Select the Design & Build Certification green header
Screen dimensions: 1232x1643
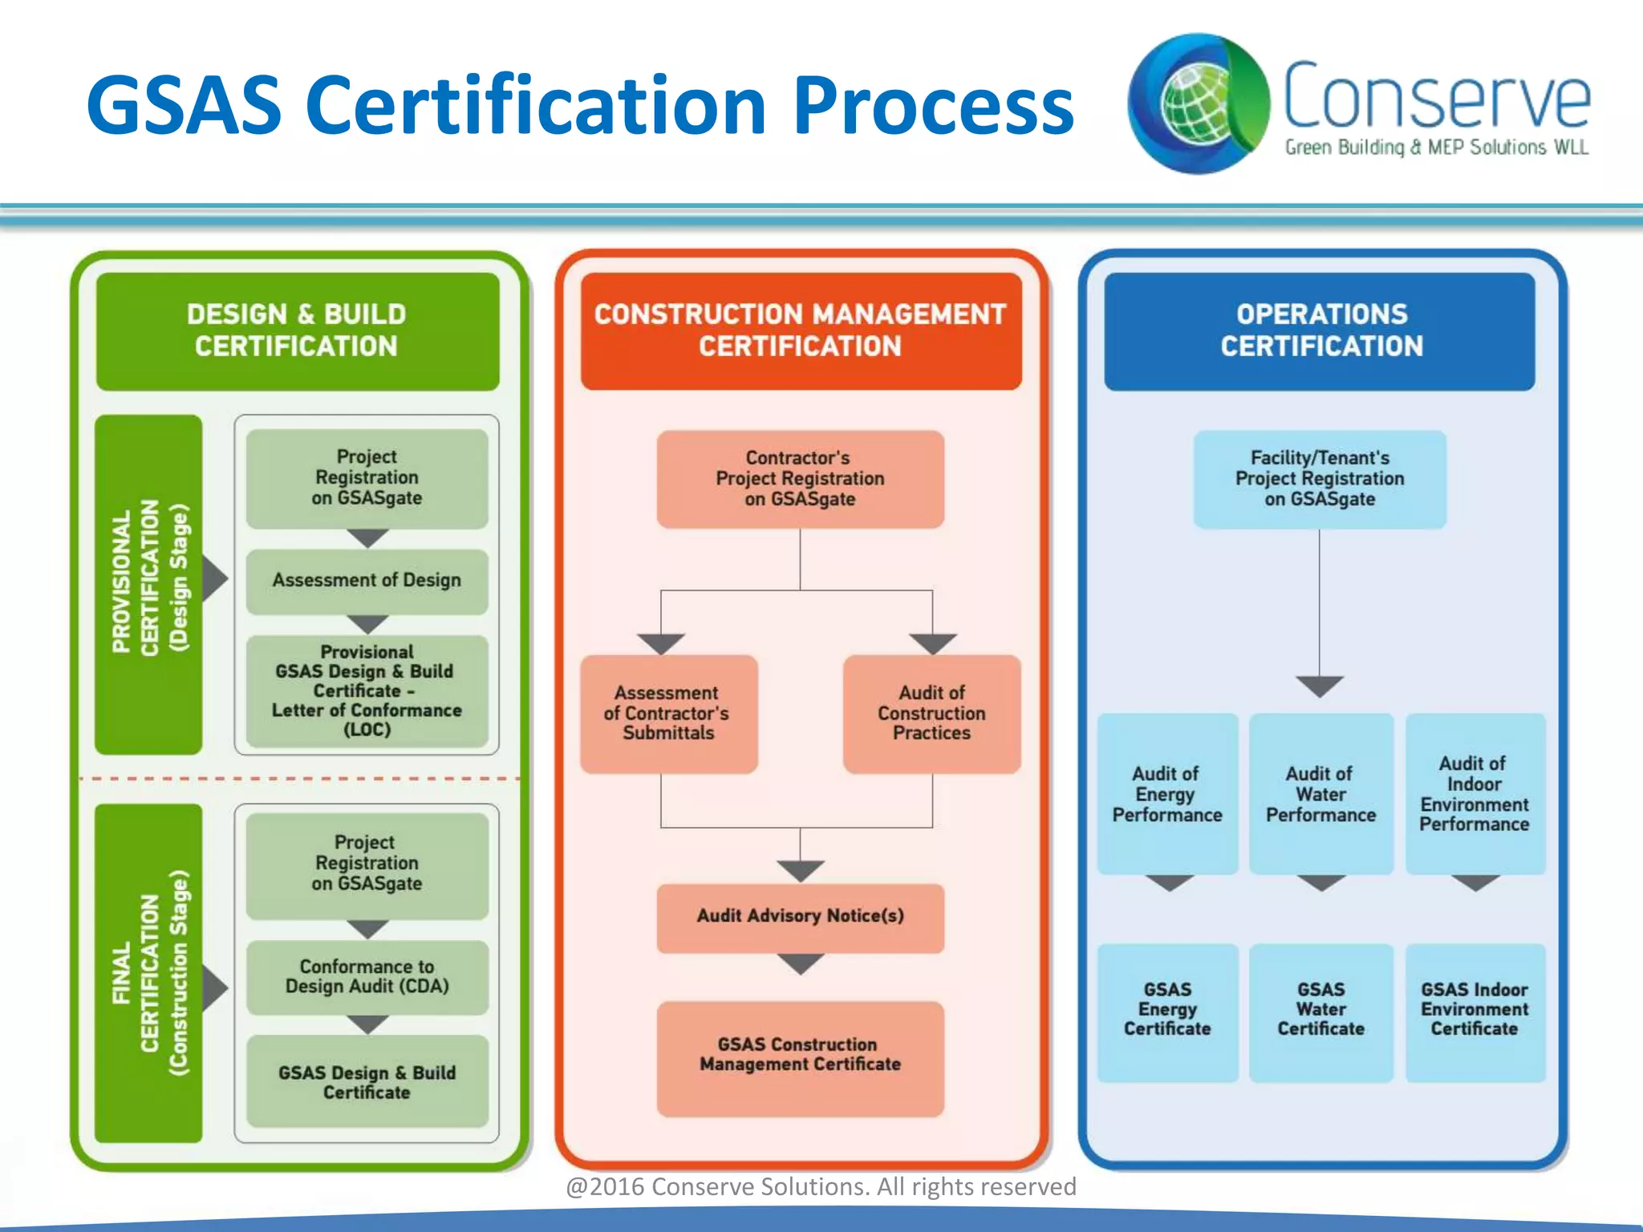pos(297,330)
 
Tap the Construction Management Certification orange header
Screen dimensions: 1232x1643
pos(800,330)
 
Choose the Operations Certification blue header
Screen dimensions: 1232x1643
pos(1320,330)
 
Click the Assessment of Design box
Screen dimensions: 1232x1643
pos(367,581)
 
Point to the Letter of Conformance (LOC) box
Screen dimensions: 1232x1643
pos(367,691)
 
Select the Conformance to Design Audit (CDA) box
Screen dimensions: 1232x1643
pos(367,977)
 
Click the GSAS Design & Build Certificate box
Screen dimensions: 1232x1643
pos(367,1082)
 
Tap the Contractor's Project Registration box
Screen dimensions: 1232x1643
pos(800,479)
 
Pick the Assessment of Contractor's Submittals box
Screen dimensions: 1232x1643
pos(668,713)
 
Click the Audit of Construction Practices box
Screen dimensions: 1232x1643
pos(931,713)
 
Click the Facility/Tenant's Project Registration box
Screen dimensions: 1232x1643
pos(1320,479)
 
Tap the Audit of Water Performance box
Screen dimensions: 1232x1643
pos(1320,794)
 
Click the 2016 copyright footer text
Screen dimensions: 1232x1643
pos(821,1186)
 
